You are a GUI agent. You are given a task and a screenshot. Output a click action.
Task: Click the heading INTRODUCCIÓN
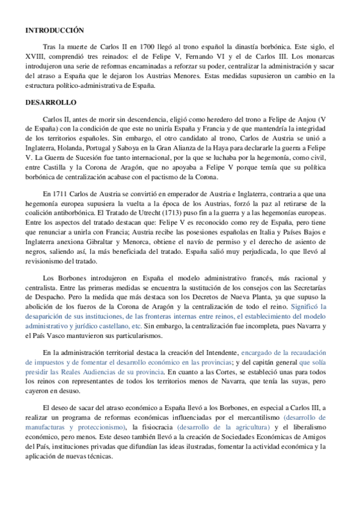pyautogui.click(x=54, y=29)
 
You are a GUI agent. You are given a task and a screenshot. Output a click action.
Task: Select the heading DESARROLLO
pyautogui.click(x=48, y=103)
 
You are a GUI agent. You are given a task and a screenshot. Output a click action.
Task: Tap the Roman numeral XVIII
pyautogui.click(x=35, y=57)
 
